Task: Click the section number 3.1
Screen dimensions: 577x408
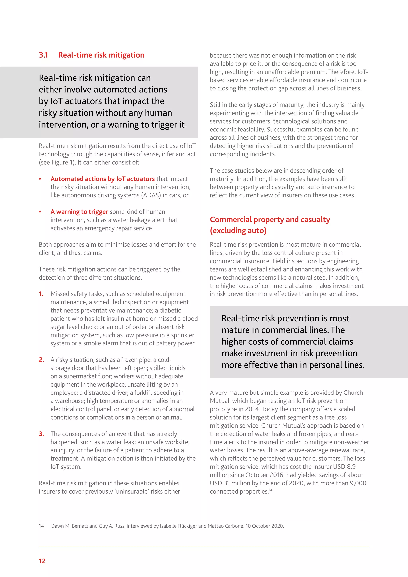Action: pos(43,55)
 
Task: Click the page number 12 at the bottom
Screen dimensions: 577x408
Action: pos(42,561)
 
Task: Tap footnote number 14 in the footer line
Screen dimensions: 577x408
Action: pos(41,526)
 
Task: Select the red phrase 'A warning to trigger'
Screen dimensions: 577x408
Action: pos(79,212)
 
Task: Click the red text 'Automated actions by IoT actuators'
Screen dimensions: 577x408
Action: pos(103,179)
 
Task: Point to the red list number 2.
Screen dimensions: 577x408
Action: pos(41,360)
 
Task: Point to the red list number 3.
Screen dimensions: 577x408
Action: pos(41,434)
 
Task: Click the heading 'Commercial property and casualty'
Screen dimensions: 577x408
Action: pos(270,219)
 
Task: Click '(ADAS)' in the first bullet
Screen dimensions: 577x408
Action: pos(151,195)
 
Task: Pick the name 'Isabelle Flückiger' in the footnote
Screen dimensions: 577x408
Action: pos(178,526)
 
